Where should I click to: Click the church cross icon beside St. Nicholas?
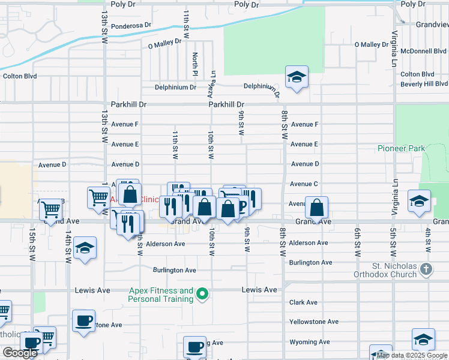click(426, 269)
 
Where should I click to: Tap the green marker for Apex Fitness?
click(203, 294)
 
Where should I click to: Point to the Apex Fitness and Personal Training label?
click(161, 295)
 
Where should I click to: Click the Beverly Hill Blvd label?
click(424, 84)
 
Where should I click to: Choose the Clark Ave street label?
click(303, 303)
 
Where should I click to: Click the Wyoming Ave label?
click(309, 342)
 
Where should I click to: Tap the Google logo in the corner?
click(20, 353)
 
